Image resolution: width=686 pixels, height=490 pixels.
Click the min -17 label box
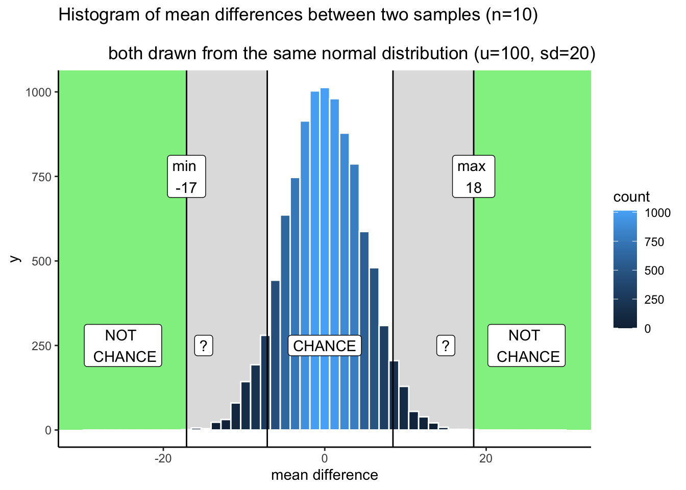point(187,177)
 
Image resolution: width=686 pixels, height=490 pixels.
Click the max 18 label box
point(474,177)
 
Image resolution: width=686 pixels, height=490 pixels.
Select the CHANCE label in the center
point(325,346)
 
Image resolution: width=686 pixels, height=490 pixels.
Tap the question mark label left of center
point(204,346)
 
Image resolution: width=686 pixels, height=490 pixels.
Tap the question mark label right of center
point(446,346)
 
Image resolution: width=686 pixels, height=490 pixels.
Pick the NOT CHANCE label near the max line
point(526,346)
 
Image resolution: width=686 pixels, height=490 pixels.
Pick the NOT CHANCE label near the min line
point(123,346)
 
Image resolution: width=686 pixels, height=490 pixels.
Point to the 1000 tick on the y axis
point(39,92)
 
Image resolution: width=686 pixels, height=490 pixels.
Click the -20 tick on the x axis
point(163,458)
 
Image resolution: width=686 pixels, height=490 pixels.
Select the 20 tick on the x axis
point(486,458)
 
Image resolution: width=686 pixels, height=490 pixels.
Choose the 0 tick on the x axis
point(325,458)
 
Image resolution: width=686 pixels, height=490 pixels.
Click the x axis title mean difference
point(325,475)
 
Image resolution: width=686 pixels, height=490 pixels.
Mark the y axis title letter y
point(15,258)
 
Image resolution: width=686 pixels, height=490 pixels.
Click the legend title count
point(631,197)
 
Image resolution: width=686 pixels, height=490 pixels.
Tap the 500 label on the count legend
point(654,271)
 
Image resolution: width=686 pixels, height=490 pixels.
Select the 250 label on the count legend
point(654,300)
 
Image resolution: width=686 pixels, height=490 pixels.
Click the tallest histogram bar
point(325,255)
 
